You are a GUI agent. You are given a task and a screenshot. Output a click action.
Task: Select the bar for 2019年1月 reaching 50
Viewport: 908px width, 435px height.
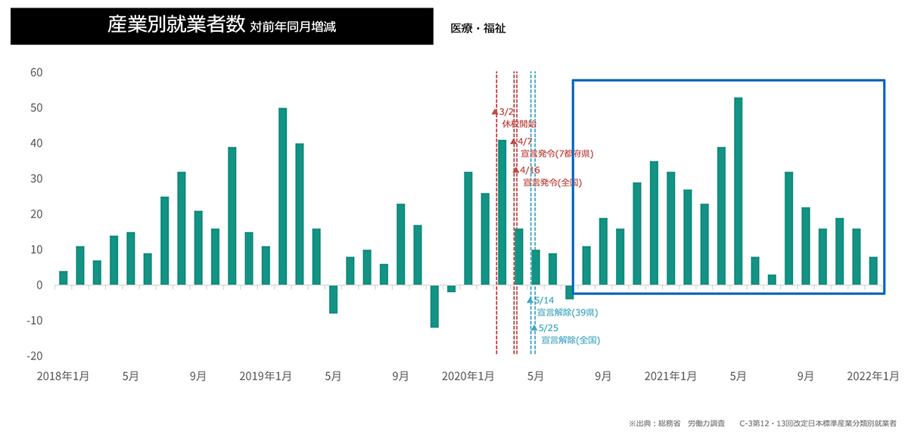[x=282, y=197]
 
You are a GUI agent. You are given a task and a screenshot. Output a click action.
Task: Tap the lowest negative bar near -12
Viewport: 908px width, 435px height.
[x=434, y=306]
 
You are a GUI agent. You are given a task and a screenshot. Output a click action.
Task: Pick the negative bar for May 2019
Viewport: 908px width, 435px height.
[x=333, y=300]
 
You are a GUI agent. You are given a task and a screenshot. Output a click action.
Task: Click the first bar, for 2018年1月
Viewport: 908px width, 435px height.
[x=63, y=278]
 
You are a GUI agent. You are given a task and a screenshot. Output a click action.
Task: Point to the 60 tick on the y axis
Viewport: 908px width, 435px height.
[x=36, y=73]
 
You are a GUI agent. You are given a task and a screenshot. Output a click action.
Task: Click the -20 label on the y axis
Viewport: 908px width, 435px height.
[x=33, y=356]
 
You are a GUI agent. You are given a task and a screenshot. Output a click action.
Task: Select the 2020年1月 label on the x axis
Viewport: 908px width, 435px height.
[x=468, y=376]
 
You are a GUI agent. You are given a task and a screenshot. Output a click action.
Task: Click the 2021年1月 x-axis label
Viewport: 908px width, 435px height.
[x=671, y=376]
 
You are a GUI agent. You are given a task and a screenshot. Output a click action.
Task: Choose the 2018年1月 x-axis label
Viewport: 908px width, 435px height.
[x=63, y=376]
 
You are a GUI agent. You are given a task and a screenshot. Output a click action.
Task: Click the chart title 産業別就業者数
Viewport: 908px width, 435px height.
[x=176, y=26]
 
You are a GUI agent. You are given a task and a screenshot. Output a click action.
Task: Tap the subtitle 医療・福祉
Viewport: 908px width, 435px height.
[x=477, y=29]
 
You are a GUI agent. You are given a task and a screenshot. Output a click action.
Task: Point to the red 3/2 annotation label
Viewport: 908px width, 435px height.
[x=506, y=112]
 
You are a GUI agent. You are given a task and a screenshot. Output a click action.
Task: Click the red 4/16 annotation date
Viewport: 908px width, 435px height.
[x=530, y=171]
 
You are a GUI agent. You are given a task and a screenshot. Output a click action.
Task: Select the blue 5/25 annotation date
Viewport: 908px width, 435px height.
[x=547, y=328]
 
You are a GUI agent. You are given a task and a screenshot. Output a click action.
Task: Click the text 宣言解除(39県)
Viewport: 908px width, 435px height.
[x=567, y=312]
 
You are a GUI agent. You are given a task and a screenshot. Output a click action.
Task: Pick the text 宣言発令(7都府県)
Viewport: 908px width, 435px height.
[x=557, y=154]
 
